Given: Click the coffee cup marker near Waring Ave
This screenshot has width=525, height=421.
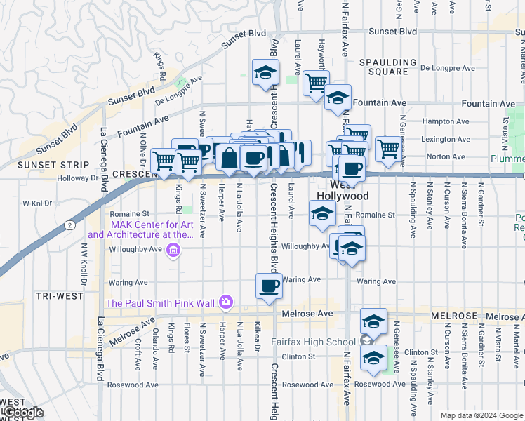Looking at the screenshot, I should coord(269,286).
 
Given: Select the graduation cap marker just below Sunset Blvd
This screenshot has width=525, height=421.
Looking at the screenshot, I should coord(265,72).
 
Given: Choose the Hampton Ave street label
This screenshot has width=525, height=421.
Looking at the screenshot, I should coord(440,121).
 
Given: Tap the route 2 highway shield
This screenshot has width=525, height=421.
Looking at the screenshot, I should coord(69,225).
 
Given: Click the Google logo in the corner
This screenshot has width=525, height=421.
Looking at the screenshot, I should coord(22,413).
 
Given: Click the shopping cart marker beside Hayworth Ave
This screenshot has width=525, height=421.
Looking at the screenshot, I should coord(316,83).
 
